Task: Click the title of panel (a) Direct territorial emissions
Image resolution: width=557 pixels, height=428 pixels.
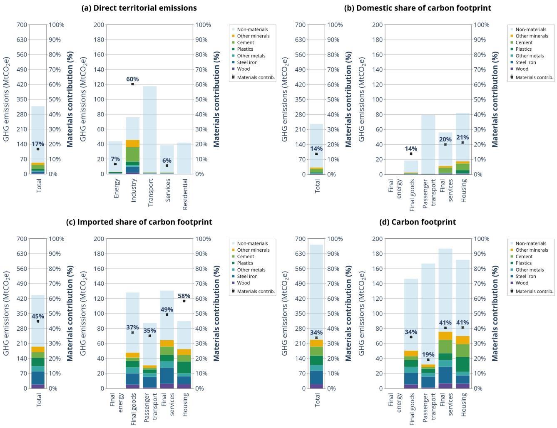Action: click(x=139, y=8)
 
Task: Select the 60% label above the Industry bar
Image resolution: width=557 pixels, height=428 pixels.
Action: click(x=132, y=79)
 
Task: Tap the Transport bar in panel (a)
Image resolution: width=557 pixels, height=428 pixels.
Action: click(x=150, y=125)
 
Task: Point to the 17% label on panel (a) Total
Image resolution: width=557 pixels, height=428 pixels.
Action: click(x=38, y=144)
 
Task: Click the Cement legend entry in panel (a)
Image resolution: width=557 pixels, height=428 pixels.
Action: click(x=245, y=42)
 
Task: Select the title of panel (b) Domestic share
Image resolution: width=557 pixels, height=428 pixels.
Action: click(x=418, y=8)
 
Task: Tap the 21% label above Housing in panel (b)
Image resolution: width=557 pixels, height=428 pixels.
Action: click(x=463, y=137)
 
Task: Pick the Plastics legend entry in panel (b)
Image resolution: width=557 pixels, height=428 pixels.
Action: click(x=523, y=49)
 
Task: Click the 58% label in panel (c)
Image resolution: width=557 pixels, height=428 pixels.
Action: click(x=184, y=296)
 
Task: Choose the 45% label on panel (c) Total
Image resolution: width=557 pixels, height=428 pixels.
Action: click(x=38, y=316)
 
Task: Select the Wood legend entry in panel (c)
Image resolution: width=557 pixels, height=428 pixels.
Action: click(x=243, y=283)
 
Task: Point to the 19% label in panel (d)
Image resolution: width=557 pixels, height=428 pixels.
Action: click(x=428, y=355)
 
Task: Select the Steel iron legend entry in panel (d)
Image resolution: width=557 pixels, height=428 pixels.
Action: click(x=525, y=276)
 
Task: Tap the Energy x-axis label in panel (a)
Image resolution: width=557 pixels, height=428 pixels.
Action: click(x=117, y=188)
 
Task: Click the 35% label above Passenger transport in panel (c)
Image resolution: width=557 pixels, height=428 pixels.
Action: click(x=149, y=331)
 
